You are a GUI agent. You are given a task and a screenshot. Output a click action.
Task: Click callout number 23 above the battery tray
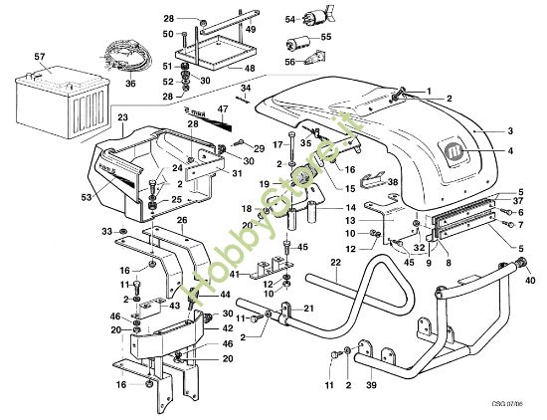click(x=123, y=117)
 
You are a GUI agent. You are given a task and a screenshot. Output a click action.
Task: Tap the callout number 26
click(x=182, y=221)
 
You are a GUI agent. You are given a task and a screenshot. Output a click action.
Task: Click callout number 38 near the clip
click(x=393, y=183)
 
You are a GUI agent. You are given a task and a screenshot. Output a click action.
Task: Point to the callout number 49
click(x=251, y=30)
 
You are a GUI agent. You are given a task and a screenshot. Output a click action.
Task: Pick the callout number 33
click(x=105, y=232)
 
